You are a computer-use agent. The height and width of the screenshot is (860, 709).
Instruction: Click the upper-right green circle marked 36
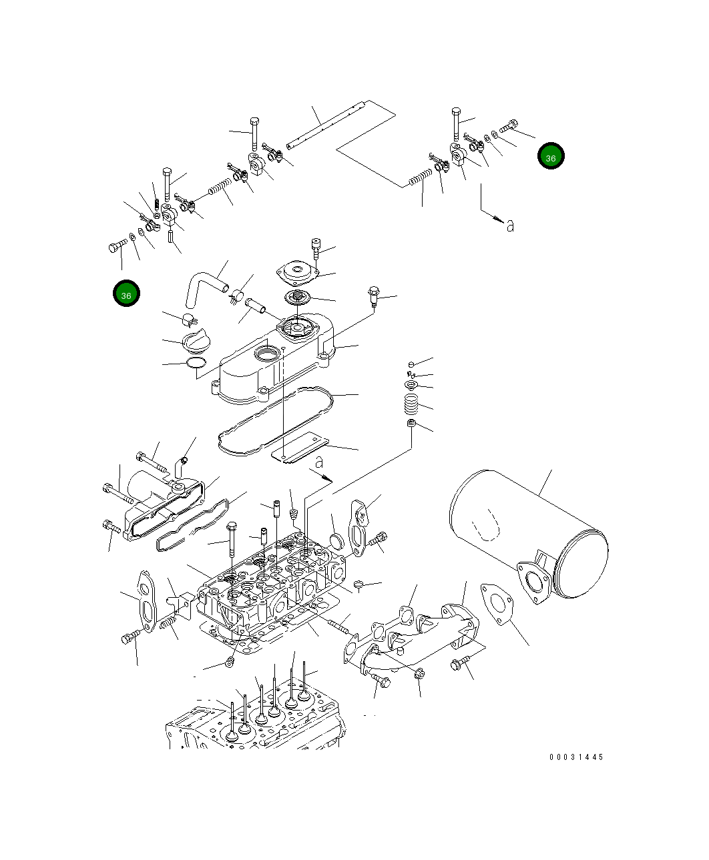551,157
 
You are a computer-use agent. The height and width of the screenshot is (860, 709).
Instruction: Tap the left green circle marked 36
126,294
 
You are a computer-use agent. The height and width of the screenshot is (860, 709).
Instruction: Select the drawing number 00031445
576,757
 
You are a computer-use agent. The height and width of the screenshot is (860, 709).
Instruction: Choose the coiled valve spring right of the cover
411,404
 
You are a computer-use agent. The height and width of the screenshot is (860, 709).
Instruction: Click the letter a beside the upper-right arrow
510,226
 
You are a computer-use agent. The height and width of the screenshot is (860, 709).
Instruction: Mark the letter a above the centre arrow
319,461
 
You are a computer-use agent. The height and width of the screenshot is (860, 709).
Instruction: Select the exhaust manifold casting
414,634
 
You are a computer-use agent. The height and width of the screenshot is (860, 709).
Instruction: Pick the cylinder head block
274,587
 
